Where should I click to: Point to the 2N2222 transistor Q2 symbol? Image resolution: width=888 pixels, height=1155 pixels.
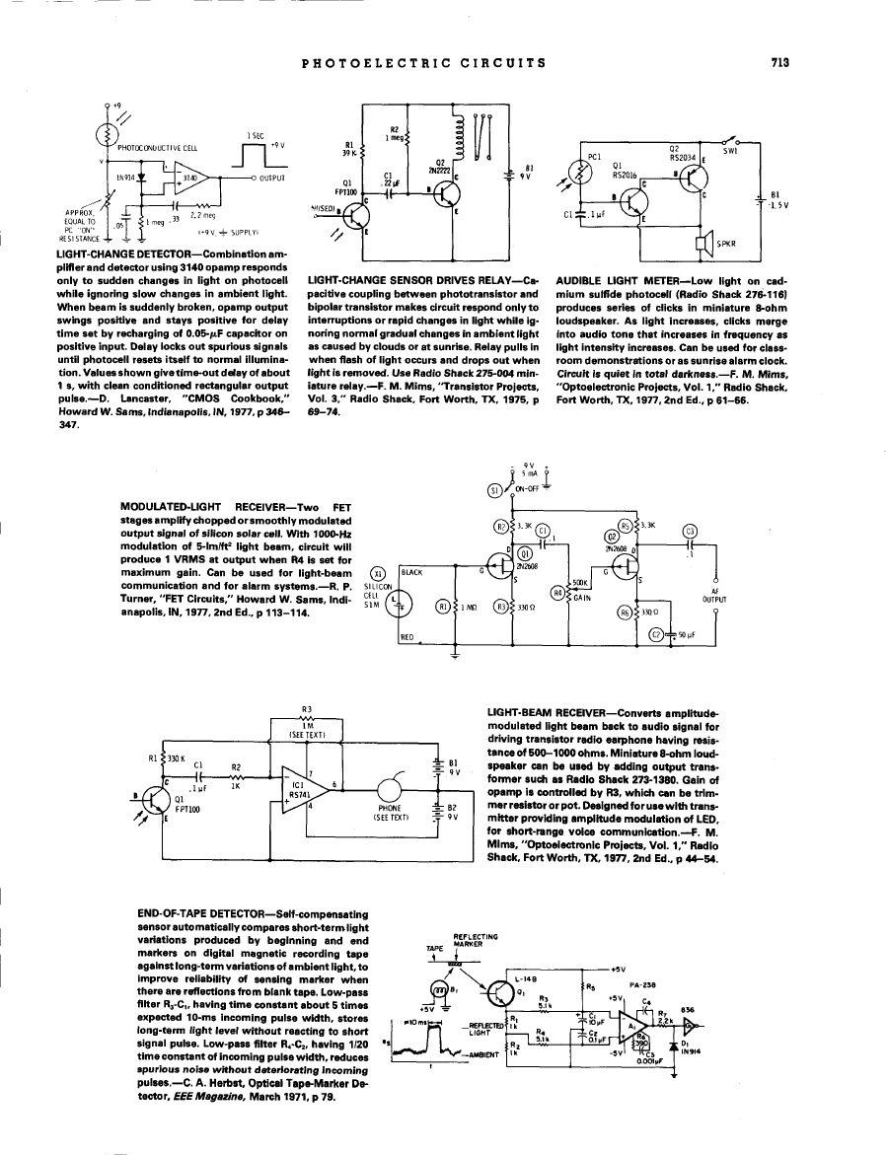[441, 194]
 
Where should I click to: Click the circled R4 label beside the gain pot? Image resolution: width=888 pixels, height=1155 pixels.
[557, 593]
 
